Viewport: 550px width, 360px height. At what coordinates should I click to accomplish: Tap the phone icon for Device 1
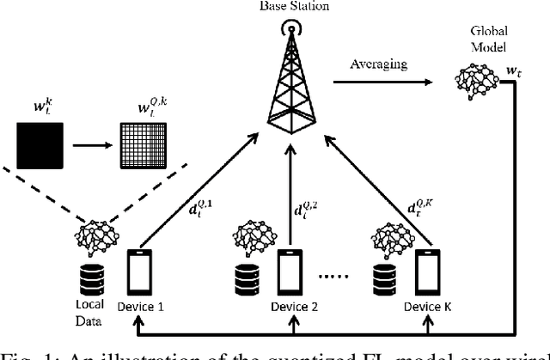[x=141, y=277]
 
